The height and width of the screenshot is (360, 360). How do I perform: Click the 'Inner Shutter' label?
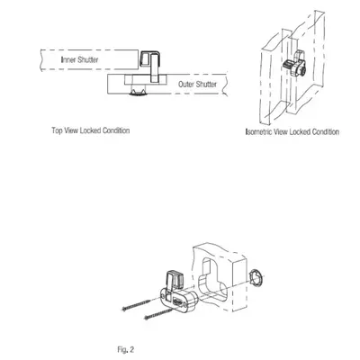click(79, 59)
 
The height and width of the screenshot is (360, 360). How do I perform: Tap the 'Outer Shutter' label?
click(197, 85)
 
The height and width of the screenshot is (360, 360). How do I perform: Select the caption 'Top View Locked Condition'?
click(91, 130)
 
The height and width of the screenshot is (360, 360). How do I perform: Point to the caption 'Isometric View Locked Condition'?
click(292, 132)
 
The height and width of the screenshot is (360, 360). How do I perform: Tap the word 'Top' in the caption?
click(57, 130)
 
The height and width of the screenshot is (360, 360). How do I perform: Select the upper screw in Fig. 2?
click(141, 303)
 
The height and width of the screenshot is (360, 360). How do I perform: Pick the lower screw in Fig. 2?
click(159, 312)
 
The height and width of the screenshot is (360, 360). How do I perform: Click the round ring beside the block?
click(256, 276)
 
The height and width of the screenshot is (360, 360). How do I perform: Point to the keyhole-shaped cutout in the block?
click(213, 279)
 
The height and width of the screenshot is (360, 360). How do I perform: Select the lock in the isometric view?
click(295, 66)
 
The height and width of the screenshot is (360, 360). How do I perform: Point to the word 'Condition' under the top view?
click(116, 130)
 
